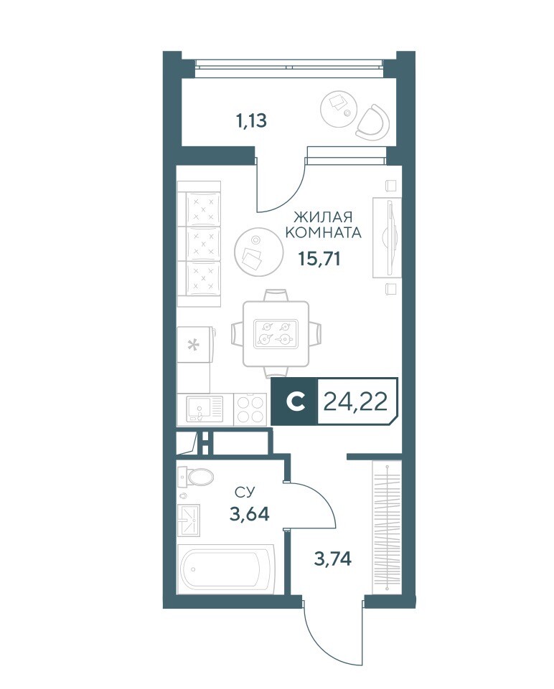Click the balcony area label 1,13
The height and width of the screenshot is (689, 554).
[x=251, y=120]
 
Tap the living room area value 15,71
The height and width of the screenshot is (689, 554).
[x=319, y=258]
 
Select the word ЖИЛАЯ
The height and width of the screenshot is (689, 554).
[x=323, y=217]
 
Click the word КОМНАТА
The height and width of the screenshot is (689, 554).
[x=323, y=232]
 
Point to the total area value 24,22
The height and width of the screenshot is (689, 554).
[x=355, y=401]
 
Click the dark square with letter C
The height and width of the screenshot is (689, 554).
[x=294, y=401]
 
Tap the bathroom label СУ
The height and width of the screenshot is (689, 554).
[x=245, y=493]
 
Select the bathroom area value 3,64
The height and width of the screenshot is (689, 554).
[x=249, y=513]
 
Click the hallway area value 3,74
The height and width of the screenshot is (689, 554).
[x=333, y=559]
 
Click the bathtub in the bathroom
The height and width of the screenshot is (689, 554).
[x=226, y=569]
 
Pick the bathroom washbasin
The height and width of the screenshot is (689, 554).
[x=189, y=521]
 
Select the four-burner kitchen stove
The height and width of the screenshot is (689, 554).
[x=250, y=409]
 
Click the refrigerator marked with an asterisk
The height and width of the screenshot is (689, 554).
[x=196, y=344]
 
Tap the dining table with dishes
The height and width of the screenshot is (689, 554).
[x=276, y=333]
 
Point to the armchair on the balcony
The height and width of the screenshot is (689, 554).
[x=373, y=120]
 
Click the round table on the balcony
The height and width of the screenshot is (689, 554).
[x=340, y=106]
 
